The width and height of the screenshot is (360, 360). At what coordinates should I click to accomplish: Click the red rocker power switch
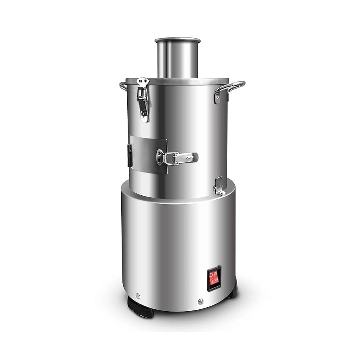pyautogui.click(x=214, y=278)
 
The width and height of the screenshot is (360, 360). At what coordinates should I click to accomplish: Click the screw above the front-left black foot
pyautogui.click(x=138, y=296)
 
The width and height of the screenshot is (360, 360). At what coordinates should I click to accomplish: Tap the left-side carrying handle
pyautogui.click(x=122, y=85)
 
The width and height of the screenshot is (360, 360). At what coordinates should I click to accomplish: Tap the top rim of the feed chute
pyautogui.click(x=177, y=40)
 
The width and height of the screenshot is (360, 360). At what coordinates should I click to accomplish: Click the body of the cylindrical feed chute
pyautogui.click(x=177, y=60)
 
